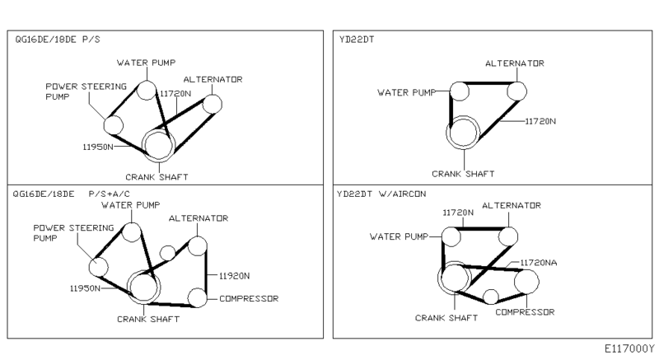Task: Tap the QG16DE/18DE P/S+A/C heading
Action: click(75, 195)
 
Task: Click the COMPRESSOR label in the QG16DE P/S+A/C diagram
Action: click(248, 297)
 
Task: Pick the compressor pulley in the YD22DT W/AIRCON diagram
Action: click(527, 283)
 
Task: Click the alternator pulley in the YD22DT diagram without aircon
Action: click(517, 90)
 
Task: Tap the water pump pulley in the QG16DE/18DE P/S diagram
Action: click(146, 90)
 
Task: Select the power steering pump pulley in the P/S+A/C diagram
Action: click(99, 266)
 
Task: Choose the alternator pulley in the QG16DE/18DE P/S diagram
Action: click(213, 104)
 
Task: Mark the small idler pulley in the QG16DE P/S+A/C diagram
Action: click(167, 252)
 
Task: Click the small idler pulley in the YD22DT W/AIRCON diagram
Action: click(491, 297)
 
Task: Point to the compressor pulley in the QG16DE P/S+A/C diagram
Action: click(197, 297)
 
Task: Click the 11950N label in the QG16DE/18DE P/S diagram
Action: click(98, 147)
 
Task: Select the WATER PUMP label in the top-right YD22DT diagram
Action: click(405, 92)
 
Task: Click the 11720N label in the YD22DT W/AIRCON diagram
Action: click(459, 212)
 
